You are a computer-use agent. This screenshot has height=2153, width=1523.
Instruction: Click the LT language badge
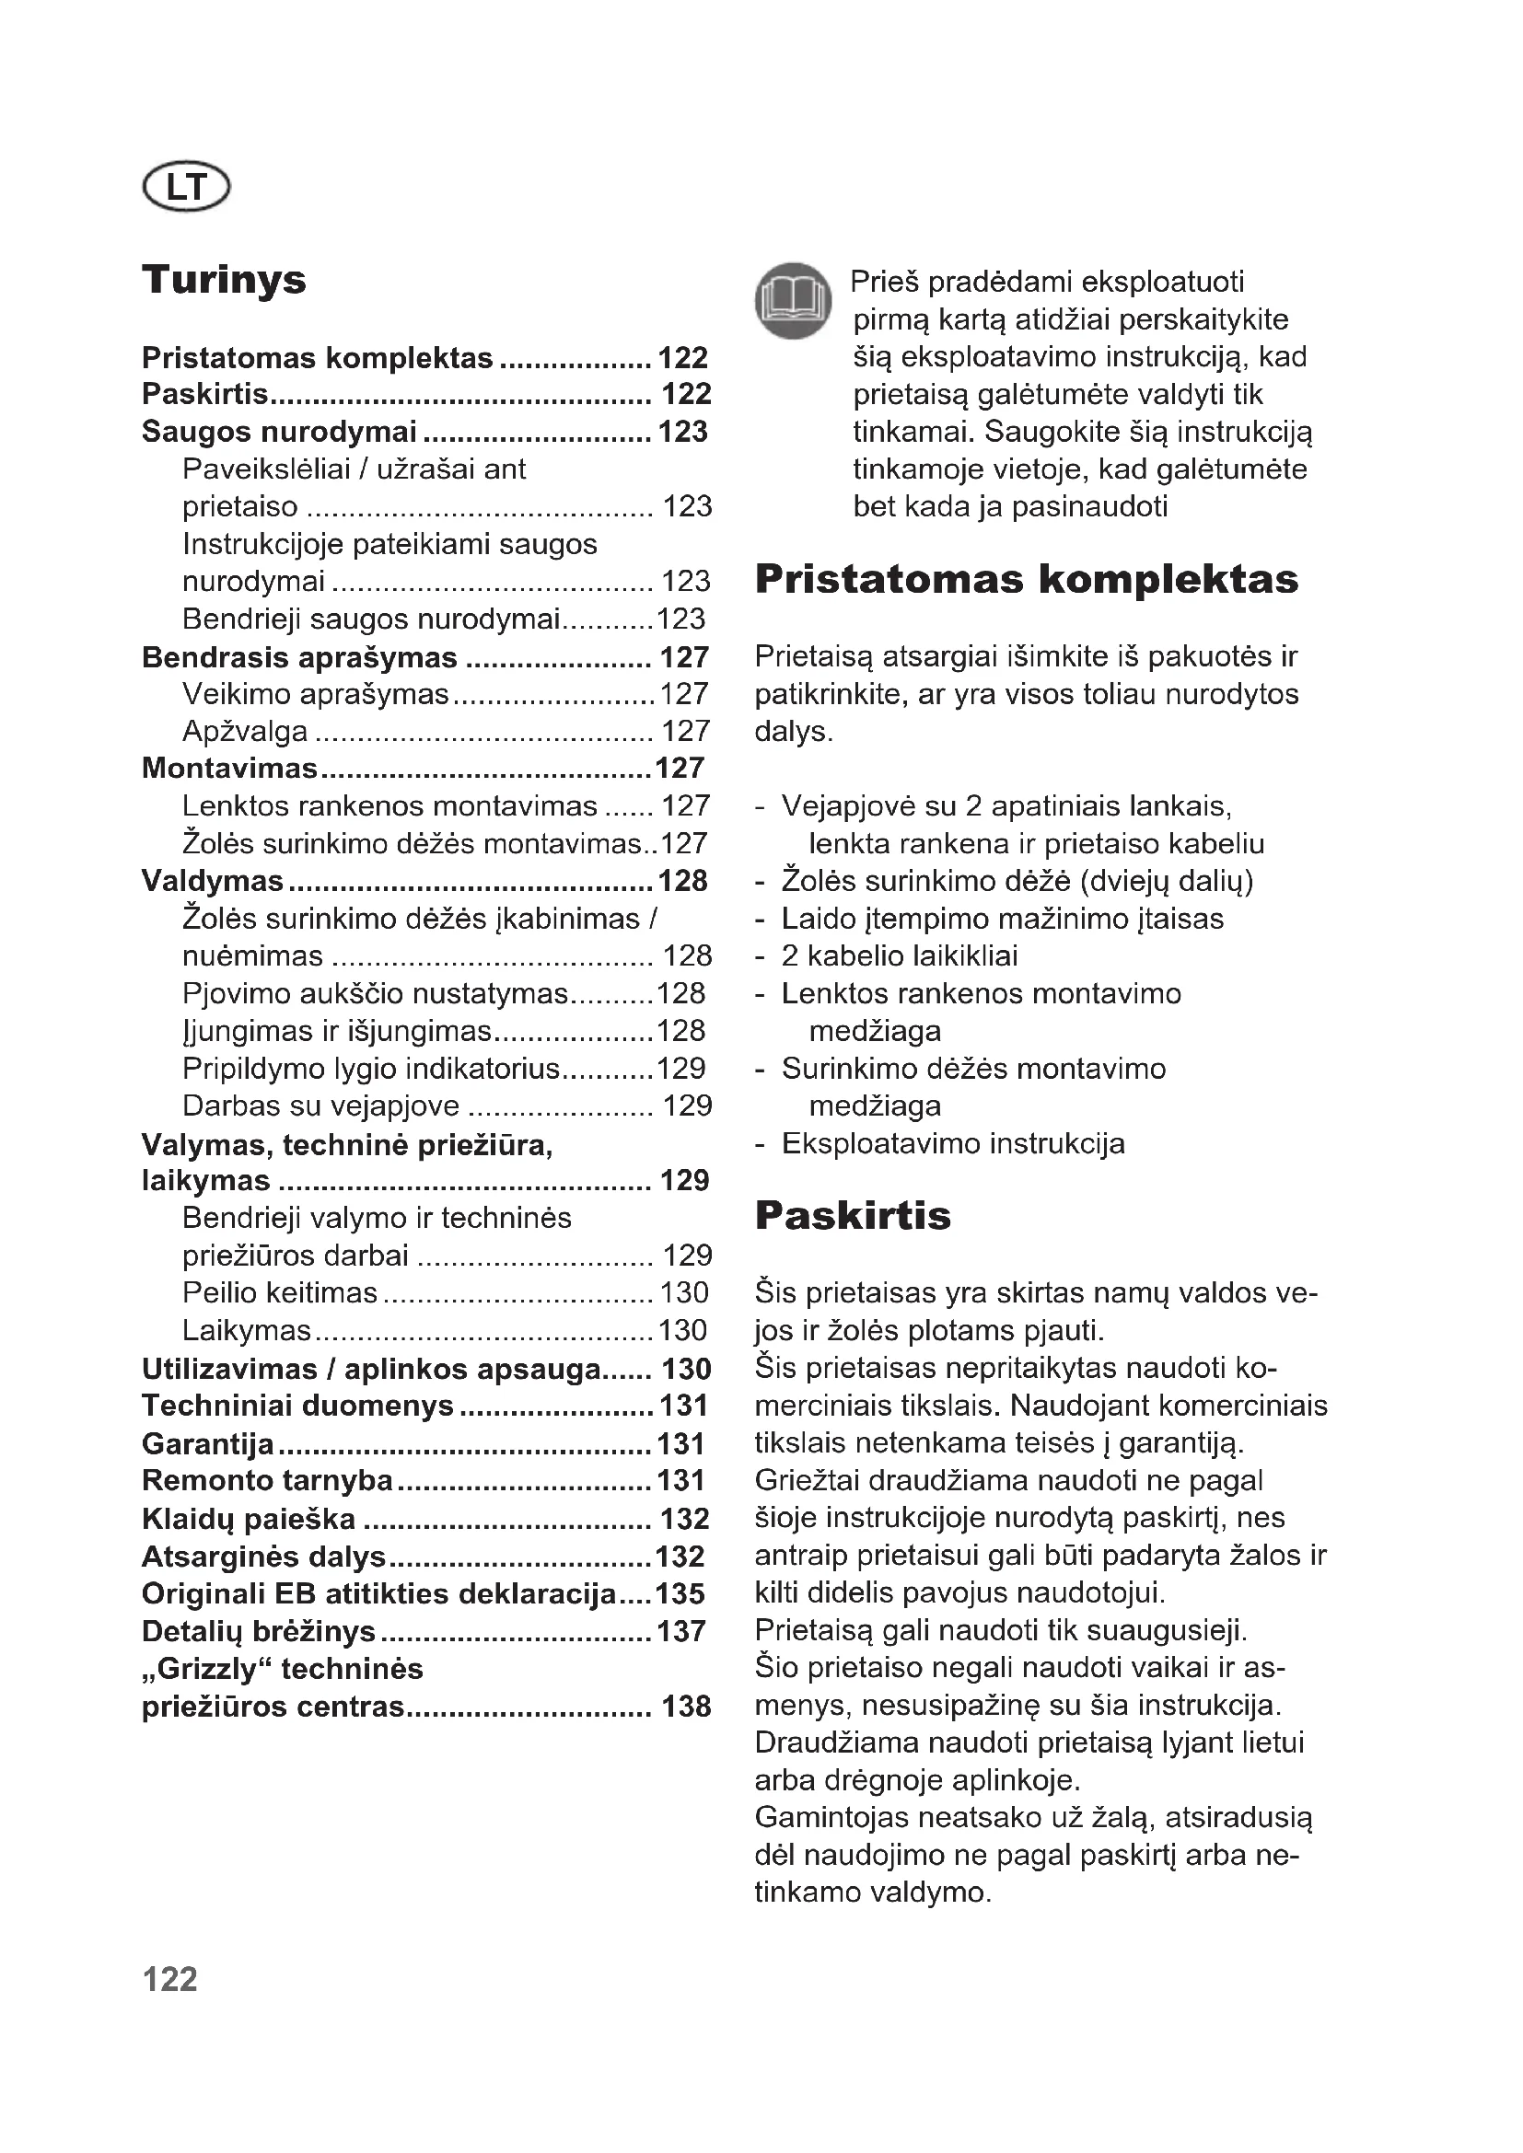tap(186, 187)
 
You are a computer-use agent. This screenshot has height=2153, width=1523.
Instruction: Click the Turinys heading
tap(224, 280)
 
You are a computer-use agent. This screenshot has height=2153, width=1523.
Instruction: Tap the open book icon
tap(794, 300)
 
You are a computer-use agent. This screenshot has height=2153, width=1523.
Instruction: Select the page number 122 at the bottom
tap(169, 1979)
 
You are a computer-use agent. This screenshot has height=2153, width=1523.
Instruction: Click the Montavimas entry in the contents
tap(230, 768)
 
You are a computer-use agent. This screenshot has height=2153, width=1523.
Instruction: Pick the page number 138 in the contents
tap(687, 1706)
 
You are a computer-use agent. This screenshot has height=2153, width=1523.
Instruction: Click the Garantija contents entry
tap(208, 1443)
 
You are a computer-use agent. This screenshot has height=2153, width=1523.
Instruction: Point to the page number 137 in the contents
tap(681, 1631)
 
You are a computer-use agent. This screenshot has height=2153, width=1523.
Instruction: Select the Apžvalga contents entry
tap(245, 731)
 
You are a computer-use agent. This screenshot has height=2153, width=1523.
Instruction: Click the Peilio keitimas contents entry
tap(280, 1292)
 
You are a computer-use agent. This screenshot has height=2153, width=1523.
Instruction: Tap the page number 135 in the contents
tap(681, 1593)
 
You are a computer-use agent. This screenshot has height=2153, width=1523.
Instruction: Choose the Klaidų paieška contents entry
tap(249, 1518)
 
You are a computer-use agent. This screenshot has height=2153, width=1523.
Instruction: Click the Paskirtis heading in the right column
tap(853, 1215)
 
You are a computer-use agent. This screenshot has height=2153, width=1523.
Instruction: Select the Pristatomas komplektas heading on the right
tap(1026, 579)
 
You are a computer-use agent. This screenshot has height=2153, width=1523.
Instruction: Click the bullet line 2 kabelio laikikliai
tap(900, 955)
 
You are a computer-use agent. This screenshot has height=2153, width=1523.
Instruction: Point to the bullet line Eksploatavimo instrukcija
tap(953, 1143)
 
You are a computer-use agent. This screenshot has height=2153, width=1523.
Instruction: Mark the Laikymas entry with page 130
tap(247, 1330)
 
